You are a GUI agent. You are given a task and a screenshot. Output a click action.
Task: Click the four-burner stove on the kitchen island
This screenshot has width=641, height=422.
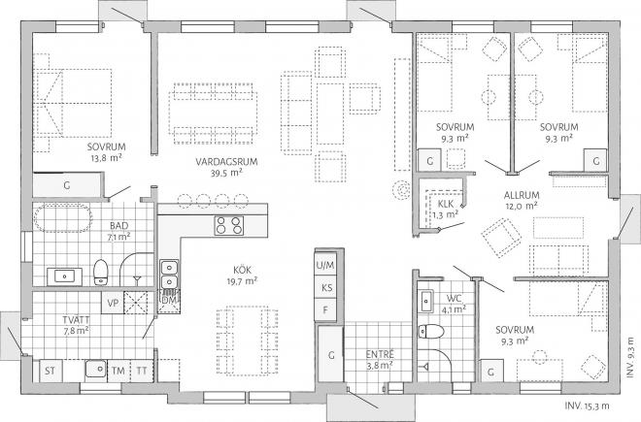229,226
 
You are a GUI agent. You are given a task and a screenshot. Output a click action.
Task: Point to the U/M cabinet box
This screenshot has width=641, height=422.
325,265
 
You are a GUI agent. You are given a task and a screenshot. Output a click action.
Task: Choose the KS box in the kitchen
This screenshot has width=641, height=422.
325,287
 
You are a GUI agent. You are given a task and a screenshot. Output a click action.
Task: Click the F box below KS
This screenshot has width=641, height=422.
325,309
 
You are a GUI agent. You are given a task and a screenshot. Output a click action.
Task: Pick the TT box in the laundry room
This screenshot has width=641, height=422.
143,370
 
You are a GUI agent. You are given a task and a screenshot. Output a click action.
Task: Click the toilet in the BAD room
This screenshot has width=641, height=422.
101,272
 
